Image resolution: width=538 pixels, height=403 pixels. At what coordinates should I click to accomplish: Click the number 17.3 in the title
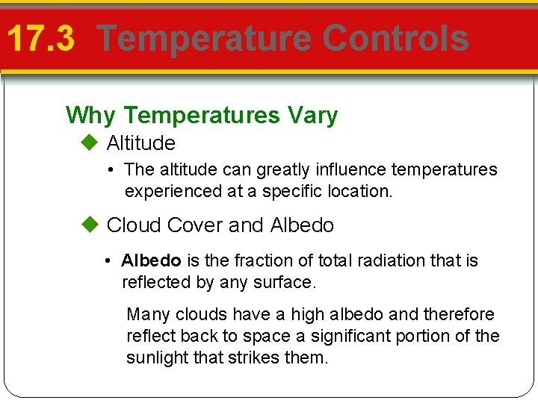click(41, 39)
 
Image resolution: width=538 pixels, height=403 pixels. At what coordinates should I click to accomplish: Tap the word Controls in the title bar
click(397, 39)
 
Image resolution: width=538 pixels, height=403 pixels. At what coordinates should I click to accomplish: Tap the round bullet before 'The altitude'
click(111, 170)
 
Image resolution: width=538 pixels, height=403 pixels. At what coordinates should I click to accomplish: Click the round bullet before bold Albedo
click(108, 261)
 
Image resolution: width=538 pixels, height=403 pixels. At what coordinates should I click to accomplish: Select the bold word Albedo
click(151, 260)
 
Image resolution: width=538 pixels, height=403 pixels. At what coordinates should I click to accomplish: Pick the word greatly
click(285, 170)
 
